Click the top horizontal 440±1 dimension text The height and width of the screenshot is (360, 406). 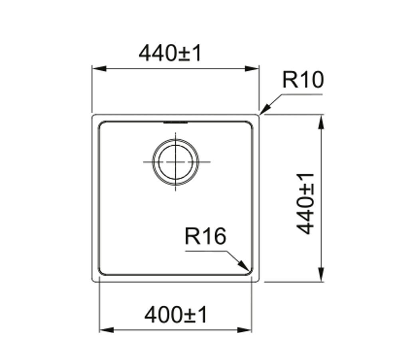coord(170,53)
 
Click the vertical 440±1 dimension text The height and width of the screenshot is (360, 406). coord(305,204)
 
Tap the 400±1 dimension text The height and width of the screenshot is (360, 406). coord(176,315)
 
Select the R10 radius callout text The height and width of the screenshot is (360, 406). coord(303,80)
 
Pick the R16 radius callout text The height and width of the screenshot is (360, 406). coord(205,236)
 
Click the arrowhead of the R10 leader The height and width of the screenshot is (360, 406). coord(265,110)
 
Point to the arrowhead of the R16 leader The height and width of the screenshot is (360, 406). coord(244,265)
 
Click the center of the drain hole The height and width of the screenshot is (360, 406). coord(176,162)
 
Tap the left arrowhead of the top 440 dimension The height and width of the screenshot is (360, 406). coord(99,69)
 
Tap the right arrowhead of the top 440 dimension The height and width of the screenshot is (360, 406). coord(252,69)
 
